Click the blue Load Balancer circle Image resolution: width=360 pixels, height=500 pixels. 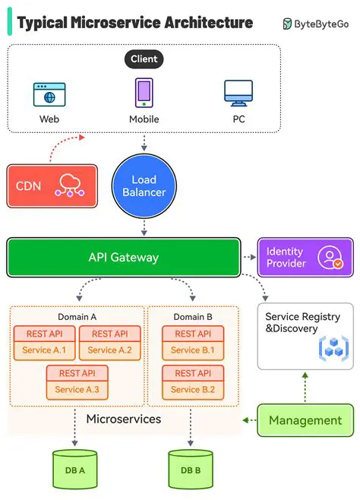click(x=144, y=185)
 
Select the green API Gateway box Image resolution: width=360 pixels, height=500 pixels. click(x=123, y=257)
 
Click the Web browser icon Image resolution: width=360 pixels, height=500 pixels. click(x=49, y=94)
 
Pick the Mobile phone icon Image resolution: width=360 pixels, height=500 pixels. click(x=144, y=93)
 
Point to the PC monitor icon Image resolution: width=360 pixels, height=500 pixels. click(x=238, y=93)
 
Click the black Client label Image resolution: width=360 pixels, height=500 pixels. click(x=144, y=59)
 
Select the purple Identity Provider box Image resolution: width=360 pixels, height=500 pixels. click(x=305, y=257)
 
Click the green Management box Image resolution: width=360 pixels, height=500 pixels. click(x=305, y=420)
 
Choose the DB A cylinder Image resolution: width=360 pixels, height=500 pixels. click(x=74, y=469)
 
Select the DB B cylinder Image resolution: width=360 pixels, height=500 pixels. click(x=190, y=469)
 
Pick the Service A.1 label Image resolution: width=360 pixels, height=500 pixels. click(x=44, y=350)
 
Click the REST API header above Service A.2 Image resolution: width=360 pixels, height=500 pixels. click(x=109, y=334)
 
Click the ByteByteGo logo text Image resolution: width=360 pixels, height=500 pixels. click(x=322, y=24)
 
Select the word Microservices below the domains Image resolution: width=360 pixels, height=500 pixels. click(x=122, y=419)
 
